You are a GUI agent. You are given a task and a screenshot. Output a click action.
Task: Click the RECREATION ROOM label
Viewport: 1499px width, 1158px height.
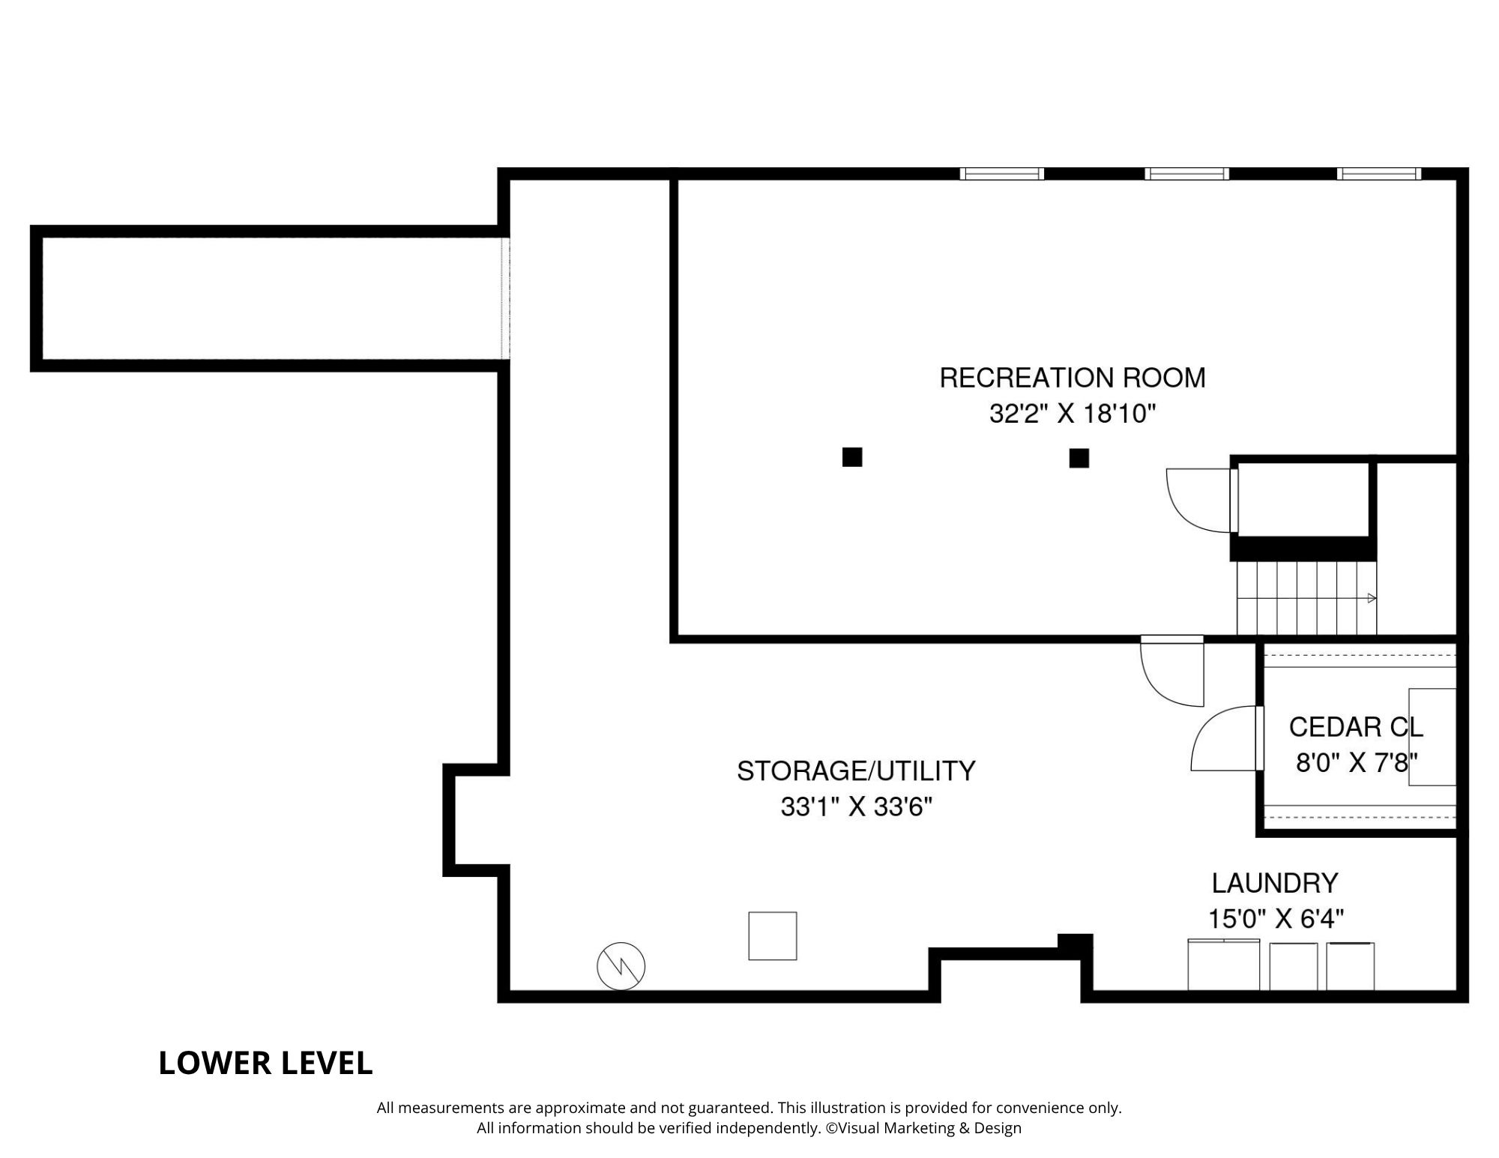[1073, 378]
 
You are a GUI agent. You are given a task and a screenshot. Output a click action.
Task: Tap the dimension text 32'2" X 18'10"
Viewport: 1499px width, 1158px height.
[1073, 414]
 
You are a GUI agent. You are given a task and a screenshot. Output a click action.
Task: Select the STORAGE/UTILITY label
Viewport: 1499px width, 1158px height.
[856, 771]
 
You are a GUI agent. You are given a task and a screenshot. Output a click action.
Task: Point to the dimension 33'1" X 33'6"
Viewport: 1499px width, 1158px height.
[856, 807]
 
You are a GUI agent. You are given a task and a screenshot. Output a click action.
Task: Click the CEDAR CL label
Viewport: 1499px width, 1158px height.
[1355, 727]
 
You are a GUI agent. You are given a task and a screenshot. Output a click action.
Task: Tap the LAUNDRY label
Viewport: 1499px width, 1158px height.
[1275, 883]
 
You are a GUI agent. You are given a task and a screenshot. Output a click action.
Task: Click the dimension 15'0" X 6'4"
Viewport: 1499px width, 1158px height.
[1276, 919]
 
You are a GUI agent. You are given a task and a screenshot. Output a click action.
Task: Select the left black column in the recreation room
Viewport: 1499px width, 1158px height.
[852, 456]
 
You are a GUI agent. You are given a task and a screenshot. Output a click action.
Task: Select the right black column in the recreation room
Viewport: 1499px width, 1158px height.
[1079, 458]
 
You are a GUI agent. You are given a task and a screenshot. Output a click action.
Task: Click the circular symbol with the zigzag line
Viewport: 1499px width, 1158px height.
[621, 965]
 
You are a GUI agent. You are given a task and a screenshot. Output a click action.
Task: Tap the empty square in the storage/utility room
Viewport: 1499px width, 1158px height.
[772, 935]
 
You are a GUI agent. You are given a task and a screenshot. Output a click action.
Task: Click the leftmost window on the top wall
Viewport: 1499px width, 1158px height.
[1001, 174]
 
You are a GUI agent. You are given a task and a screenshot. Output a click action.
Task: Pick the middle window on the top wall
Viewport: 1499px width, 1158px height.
[1186, 174]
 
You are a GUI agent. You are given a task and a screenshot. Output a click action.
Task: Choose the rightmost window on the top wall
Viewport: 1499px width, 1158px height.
[1379, 174]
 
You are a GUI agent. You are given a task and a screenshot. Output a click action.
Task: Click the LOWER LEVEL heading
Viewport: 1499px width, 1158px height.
[265, 1064]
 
